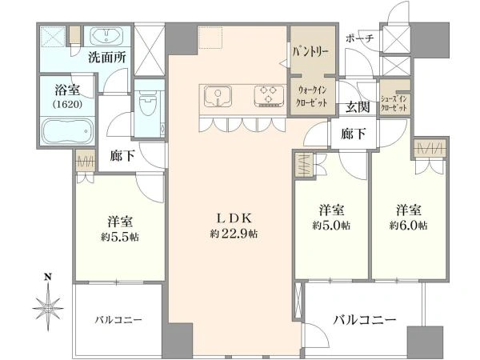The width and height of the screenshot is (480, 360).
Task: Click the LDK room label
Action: click(x=234, y=218)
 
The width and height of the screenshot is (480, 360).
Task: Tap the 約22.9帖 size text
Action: click(x=234, y=234)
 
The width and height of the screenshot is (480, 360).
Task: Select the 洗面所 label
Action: click(x=107, y=58)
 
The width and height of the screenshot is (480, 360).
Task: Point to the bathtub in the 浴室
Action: click(x=67, y=131)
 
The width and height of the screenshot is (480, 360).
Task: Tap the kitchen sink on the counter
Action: click(x=218, y=96)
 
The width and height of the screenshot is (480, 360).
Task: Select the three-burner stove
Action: click(x=269, y=96)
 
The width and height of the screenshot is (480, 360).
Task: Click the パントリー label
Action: click(x=310, y=51)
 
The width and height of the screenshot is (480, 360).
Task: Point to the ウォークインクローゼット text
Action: click(x=312, y=97)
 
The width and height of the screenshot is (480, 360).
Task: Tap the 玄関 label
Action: click(x=358, y=107)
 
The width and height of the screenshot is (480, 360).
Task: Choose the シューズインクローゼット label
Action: click(x=394, y=103)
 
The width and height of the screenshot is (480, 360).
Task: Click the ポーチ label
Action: click(x=360, y=38)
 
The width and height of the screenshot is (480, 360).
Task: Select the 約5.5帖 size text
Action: click(x=120, y=237)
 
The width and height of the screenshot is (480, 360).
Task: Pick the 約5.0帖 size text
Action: click(x=331, y=226)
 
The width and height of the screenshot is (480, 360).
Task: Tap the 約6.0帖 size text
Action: click(x=409, y=226)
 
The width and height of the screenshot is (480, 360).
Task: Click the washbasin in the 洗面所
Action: click(x=107, y=35)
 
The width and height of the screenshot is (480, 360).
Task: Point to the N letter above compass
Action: click(x=48, y=278)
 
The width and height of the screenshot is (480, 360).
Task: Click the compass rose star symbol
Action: click(x=48, y=307)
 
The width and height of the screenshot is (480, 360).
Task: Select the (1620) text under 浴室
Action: click(x=67, y=104)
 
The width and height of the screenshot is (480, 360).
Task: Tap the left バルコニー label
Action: click(x=118, y=320)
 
